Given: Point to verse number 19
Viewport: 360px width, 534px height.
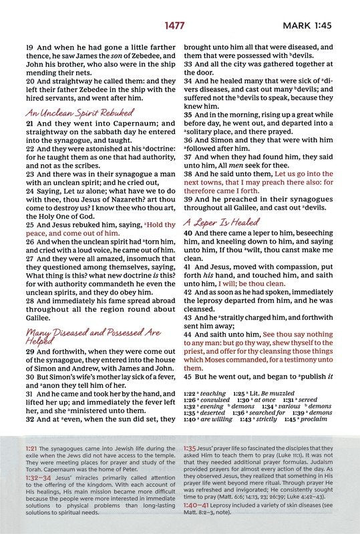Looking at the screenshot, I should [29, 48].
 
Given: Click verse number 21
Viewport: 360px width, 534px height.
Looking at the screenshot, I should [29, 124].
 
